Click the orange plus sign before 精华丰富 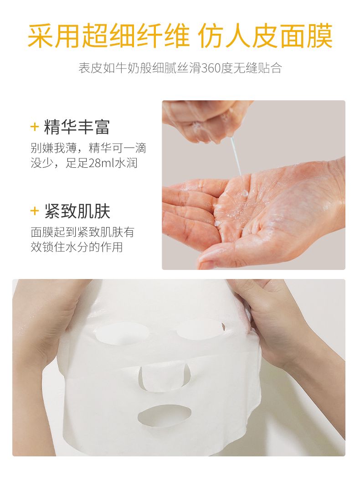point(35,127)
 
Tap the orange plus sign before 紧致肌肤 point(35,211)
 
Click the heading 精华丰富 point(77,127)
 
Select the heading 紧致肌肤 point(77,211)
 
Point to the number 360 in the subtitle point(212,68)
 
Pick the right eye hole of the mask point(200,329)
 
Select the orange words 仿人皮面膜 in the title point(266,36)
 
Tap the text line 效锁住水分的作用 point(77,247)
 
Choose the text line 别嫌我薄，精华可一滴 point(88,148)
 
